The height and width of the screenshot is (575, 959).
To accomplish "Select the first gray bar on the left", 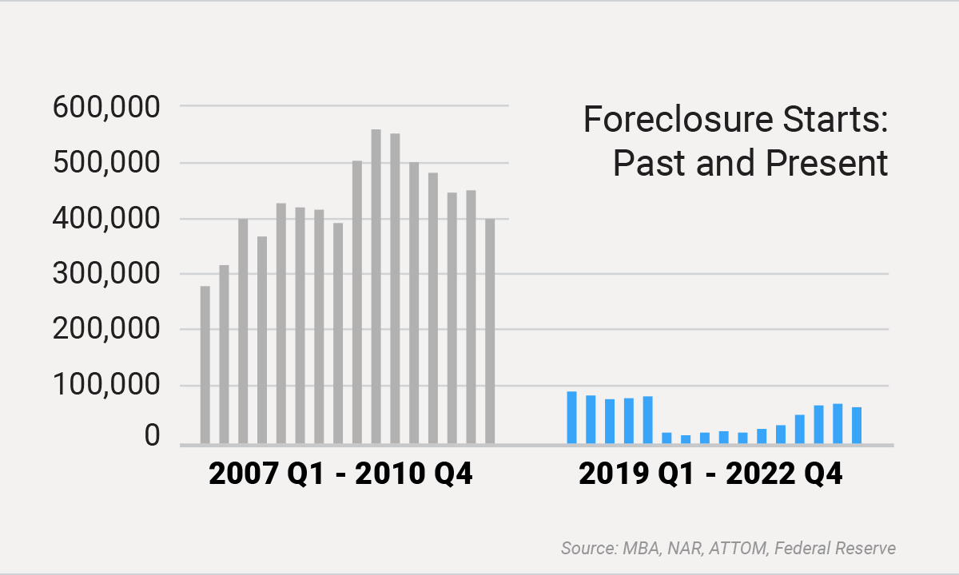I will [205, 364].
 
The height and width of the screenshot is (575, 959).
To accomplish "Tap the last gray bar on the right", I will [490, 331].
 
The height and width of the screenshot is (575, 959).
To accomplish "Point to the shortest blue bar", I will [686, 438].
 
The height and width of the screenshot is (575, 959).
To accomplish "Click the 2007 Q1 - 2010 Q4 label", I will [340, 474].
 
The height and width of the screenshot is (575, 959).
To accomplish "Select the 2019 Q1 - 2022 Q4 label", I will [710, 474].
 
